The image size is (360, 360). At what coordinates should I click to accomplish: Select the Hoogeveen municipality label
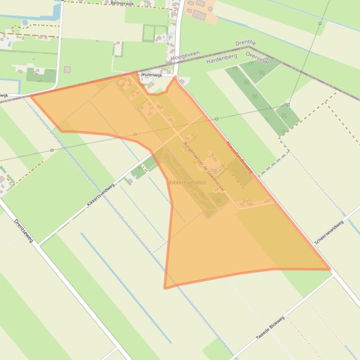182,57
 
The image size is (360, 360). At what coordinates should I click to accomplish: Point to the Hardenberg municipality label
222,58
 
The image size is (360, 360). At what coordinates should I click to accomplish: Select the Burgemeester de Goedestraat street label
203,166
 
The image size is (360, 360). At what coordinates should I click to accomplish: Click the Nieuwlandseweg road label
239,158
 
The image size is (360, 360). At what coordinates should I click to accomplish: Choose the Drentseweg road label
23,230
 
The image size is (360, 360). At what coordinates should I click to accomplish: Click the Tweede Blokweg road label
270,328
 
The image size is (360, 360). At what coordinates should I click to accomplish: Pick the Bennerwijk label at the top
122,3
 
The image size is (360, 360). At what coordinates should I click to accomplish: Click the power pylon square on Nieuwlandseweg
216,119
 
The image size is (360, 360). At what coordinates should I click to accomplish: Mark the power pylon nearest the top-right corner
320,23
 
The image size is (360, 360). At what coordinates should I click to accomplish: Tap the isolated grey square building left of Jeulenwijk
67,70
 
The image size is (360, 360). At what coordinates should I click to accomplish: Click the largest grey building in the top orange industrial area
199,15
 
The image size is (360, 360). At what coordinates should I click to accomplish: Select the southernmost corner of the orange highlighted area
165,288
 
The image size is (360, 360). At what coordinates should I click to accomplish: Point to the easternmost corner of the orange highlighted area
330,269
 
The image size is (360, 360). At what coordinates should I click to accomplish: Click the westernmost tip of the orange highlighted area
31,96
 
